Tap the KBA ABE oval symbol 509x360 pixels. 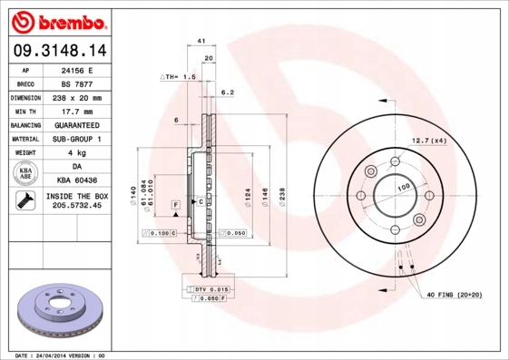25,174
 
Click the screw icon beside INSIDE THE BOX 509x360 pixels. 25,201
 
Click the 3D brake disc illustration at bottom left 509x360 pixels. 57,311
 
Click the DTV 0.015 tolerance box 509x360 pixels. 208,288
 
